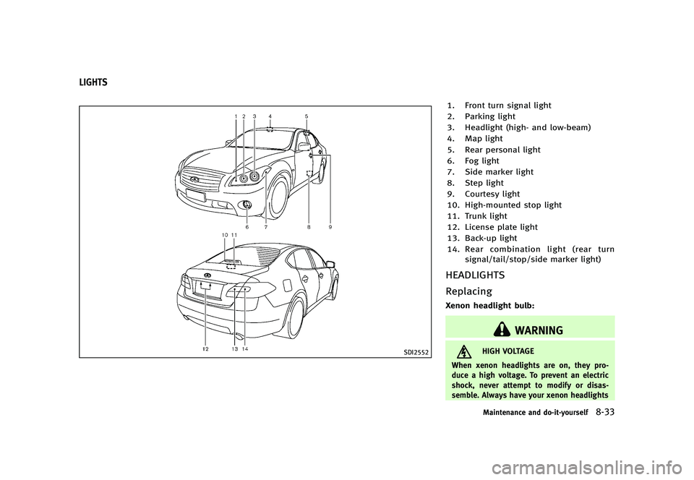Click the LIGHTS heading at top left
(93, 82)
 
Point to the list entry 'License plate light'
(492, 227)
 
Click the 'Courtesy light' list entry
(484, 194)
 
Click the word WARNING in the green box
(539, 330)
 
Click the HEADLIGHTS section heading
(475, 275)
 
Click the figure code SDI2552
(416, 352)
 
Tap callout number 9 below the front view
(330, 227)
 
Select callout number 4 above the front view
(270, 116)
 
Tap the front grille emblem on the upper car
(192, 179)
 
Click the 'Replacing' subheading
(468, 291)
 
